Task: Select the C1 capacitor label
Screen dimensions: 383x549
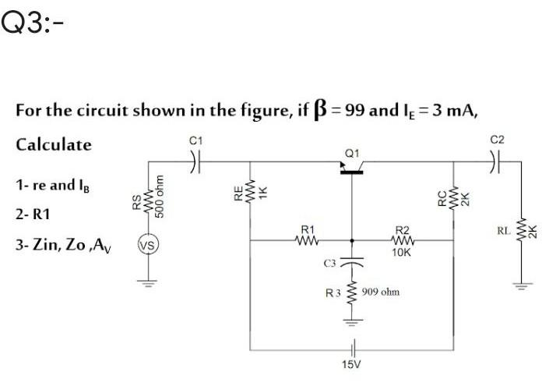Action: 196,140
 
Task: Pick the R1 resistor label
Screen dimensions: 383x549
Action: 307,230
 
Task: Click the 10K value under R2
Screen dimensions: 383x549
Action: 403,253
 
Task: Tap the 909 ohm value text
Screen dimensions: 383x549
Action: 382,292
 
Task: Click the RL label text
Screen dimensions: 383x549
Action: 504,230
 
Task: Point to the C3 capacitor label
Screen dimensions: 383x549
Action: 329,265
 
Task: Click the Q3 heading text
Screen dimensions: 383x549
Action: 31,25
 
